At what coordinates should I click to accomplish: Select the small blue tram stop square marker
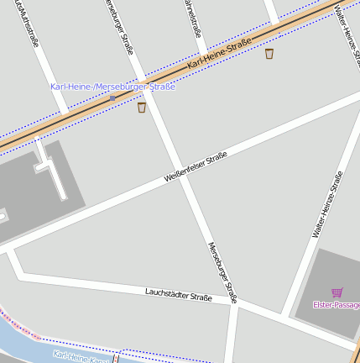[x=112, y=98]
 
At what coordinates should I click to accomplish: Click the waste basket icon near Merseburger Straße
[x=141, y=107]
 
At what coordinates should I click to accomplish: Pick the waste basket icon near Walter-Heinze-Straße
[x=269, y=54]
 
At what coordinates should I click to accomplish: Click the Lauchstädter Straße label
[x=179, y=295]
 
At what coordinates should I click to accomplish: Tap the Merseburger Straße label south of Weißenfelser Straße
[x=222, y=271]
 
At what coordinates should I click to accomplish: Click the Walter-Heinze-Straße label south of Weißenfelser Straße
[x=327, y=204]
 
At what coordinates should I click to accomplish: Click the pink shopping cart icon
[x=337, y=292]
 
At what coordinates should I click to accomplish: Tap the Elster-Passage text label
[x=336, y=304]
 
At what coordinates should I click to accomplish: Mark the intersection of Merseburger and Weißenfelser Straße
[x=176, y=174]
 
